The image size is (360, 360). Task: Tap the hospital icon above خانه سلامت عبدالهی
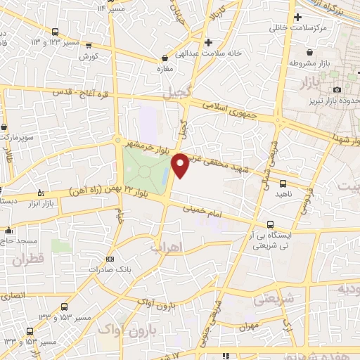226,41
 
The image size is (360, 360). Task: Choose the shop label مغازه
164,69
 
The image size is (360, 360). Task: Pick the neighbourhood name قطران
27,260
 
